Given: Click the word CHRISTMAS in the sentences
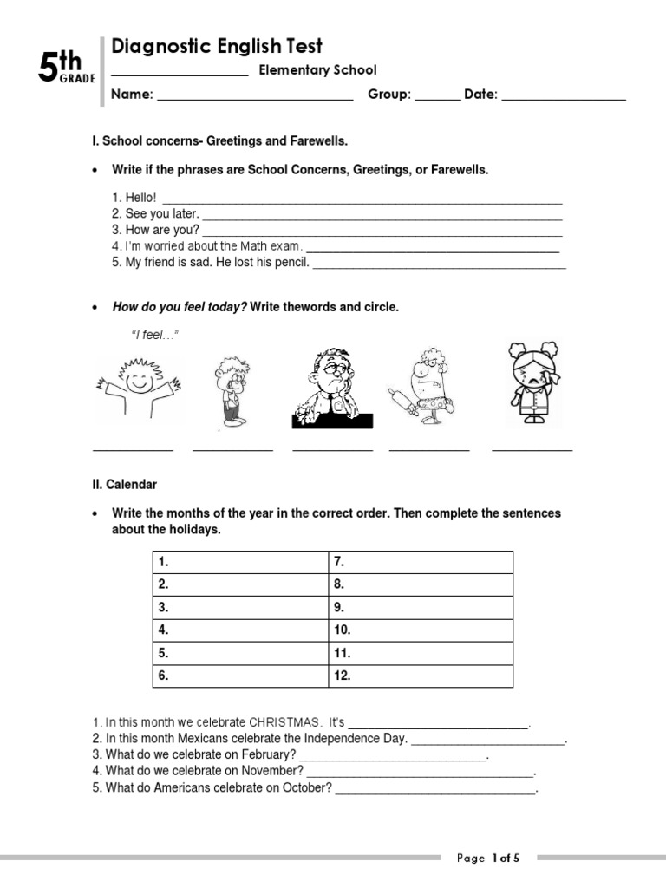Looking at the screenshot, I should [x=284, y=721].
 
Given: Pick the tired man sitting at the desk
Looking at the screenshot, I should [x=332, y=388].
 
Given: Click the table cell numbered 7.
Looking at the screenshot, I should [x=420, y=562].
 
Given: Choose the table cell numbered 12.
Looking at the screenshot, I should [x=420, y=675].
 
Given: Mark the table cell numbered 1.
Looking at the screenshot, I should [x=241, y=562].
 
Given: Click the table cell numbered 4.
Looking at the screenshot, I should [x=241, y=630].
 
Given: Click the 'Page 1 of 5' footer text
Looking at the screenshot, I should [x=488, y=859].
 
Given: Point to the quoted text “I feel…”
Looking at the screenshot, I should [x=154, y=335].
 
